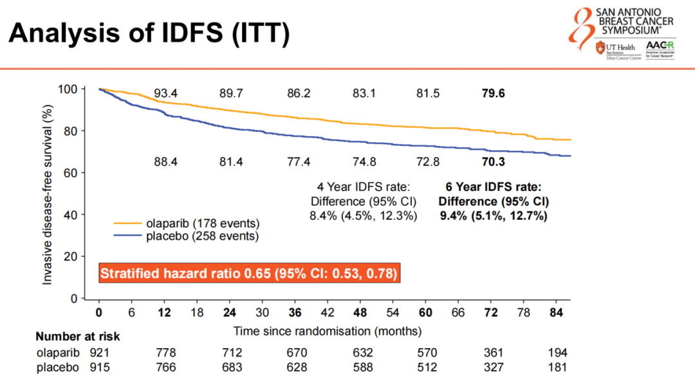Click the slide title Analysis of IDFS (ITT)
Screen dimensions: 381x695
pyautogui.click(x=149, y=33)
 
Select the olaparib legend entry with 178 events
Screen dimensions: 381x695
pyautogui.click(x=187, y=224)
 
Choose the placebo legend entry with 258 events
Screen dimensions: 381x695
pyautogui.click(x=187, y=236)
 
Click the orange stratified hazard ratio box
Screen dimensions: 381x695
pyautogui.click(x=249, y=274)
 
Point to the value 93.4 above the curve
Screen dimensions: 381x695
pyautogui.click(x=165, y=94)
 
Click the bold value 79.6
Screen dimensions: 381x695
pyautogui.click(x=493, y=94)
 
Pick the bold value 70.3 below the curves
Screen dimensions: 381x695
pyautogui.click(x=493, y=161)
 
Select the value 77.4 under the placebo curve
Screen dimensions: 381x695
pyautogui.click(x=299, y=161)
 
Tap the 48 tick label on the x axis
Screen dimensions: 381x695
pyautogui.click(x=361, y=312)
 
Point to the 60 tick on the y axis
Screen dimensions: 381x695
pyautogui.click(x=70, y=173)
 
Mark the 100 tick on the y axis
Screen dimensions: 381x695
pyautogui.click(x=67, y=89)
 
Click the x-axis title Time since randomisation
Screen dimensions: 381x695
pyautogui.click(x=328, y=332)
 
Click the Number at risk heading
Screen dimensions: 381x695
pyautogui.click(x=77, y=336)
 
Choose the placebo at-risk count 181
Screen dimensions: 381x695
pyautogui.click(x=558, y=368)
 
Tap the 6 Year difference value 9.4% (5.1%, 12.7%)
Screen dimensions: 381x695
pyautogui.click(x=494, y=216)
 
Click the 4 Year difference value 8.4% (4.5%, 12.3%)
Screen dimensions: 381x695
pyautogui.click(x=364, y=216)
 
